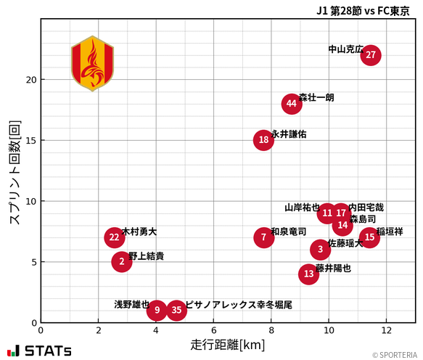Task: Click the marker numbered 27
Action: (371, 55)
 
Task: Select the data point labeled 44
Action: (292, 104)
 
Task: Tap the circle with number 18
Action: (263, 140)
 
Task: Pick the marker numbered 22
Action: (114, 237)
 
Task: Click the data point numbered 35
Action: (176, 311)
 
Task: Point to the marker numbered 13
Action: (309, 274)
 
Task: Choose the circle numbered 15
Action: (369, 237)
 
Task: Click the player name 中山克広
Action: (346, 49)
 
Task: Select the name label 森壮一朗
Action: (316, 97)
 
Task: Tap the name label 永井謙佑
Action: (289, 134)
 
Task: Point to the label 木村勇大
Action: (139, 232)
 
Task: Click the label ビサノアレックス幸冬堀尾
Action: (239, 305)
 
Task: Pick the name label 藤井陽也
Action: (333, 268)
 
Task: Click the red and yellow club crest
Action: (92, 63)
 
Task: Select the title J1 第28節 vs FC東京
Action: (363, 10)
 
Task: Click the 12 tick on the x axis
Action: (386, 330)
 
